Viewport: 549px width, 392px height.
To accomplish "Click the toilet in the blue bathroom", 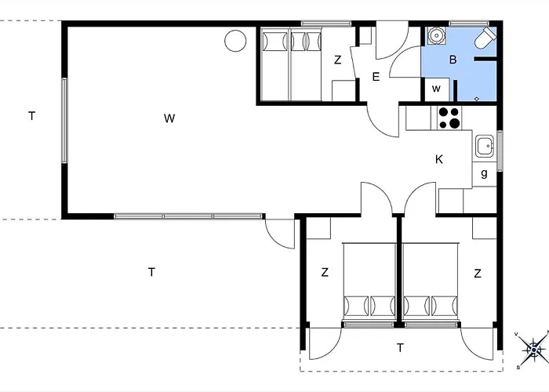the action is pyautogui.click(x=485, y=38).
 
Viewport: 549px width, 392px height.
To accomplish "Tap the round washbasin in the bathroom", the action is pyautogui.click(x=436, y=35).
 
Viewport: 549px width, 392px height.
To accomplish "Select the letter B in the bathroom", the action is pyautogui.click(x=453, y=60).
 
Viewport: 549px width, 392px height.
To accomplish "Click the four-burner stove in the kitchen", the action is pyautogui.click(x=449, y=118).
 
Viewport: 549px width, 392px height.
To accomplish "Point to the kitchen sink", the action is pyautogui.click(x=485, y=146).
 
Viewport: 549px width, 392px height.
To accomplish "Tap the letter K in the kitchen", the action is pyautogui.click(x=438, y=160).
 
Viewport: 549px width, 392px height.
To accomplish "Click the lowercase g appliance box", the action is pyautogui.click(x=484, y=174).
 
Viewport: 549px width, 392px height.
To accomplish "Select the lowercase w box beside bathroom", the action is pyautogui.click(x=436, y=89).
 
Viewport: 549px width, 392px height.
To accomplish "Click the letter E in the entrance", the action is pyautogui.click(x=376, y=77).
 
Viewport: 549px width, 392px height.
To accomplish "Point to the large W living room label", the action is pyautogui.click(x=169, y=118).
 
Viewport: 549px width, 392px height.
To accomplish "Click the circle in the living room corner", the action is pyautogui.click(x=235, y=41).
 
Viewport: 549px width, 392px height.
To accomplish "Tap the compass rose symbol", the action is pyautogui.click(x=533, y=350).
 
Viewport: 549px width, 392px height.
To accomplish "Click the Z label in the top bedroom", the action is pyautogui.click(x=337, y=60).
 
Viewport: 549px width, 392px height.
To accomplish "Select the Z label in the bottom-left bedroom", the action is pyautogui.click(x=325, y=272).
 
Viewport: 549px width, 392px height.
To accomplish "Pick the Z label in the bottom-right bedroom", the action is pyautogui.click(x=478, y=274).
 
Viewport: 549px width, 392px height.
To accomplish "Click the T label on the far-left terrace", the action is pyautogui.click(x=32, y=115).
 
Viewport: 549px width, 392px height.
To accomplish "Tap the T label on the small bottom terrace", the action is pyautogui.click(x=400, y=347).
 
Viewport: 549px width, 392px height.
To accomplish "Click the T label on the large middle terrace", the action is pyautogui.click(x=151, y=272).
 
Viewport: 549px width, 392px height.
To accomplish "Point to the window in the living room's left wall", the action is pyautogui.click(x=64, y=121).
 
